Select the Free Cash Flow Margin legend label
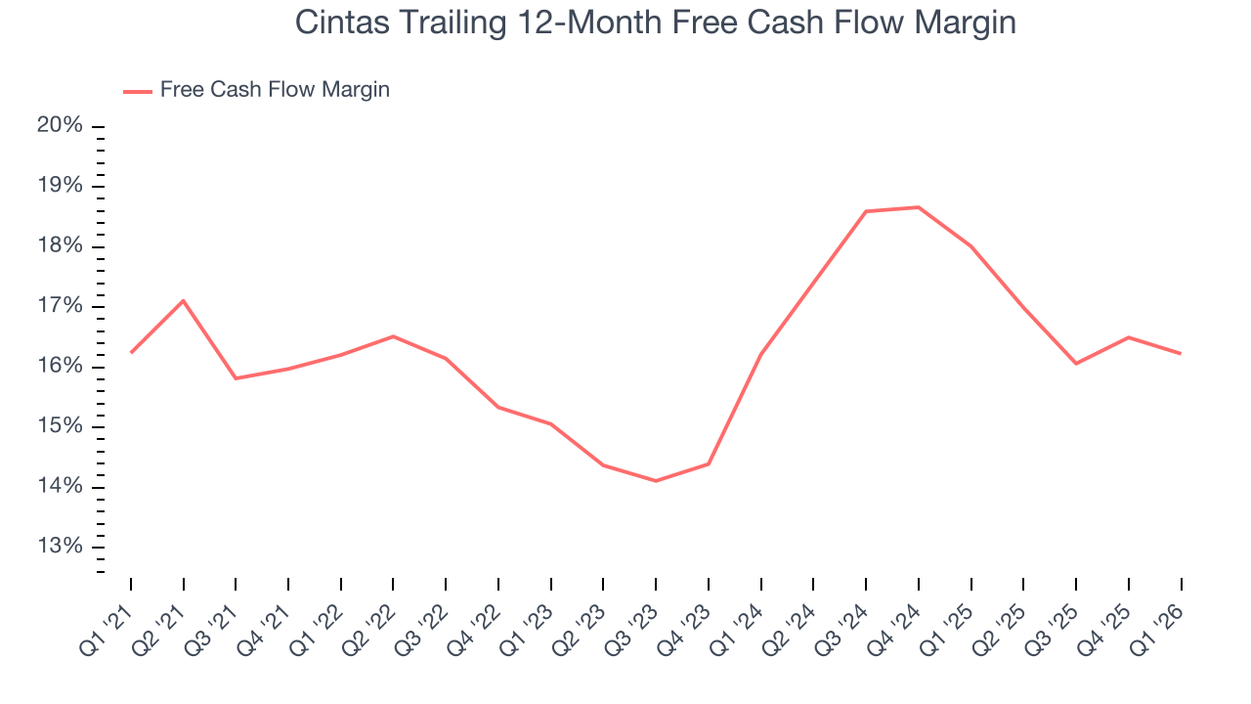pyautogui.click(x=275, y=90)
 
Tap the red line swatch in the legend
pyautogui.click(x=137, y=91)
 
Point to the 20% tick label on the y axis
pyautogui.click(x=60, y=126)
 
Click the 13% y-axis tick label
pyautogui.click(x=60, y=547)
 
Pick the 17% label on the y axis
pyautogui.click(x=60, y=307)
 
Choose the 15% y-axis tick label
pyautogui.click(x=60, y=427)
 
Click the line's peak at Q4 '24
pyautogui.click(x=919, y=207)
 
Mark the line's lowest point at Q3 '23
pyautogui.click(x=656, y=481)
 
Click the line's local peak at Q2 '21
pyautogui.click(x=184, y=300)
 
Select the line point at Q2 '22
pyautogui.click(x=393, y=336)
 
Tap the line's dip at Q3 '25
pyautogui.click(x=1076, y=364)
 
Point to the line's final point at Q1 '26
pyautogui.click(x=1181, y=353)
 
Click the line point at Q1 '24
pyautogui.click(x=760, y=354)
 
